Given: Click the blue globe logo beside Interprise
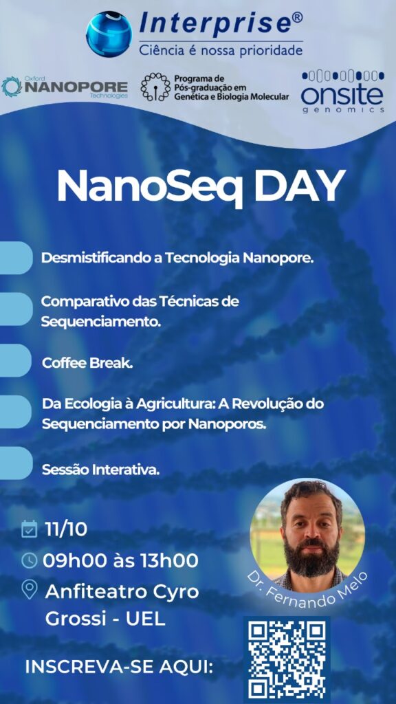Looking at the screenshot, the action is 109,34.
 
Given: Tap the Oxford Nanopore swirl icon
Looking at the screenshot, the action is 12,87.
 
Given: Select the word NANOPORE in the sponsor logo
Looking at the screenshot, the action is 76,87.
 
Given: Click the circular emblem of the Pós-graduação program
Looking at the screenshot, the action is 155,86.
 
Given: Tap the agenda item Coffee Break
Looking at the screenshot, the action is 87,363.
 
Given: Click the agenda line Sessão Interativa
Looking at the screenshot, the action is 100,470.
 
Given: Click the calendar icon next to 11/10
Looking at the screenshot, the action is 29,529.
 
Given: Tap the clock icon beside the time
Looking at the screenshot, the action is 29,560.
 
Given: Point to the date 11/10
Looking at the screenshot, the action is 65,529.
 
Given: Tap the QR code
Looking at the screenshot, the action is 287,659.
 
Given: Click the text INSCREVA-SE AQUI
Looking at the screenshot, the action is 119,667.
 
